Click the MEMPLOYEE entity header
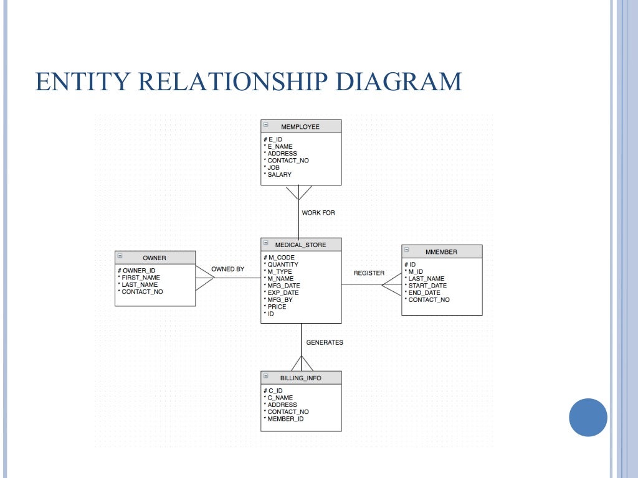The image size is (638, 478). [x=300, y=127]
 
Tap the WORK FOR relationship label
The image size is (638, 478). [x=318, y=213]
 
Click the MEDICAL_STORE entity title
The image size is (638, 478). [x=300, y=245]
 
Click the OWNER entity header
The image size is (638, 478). [x=155, y=258]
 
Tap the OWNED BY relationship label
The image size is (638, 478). [x=228, y=269]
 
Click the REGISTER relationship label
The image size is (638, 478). [x=369, y=273]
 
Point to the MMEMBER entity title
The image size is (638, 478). [x=441, y=252]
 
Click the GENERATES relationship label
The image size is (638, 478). [x=324, y=343]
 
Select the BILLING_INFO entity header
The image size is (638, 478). [x=300, y=378]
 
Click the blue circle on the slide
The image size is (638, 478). [x=588, y=418]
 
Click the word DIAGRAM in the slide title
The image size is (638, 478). [x=398, y=82]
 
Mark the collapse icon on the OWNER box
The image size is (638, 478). [x=120, y=256]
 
